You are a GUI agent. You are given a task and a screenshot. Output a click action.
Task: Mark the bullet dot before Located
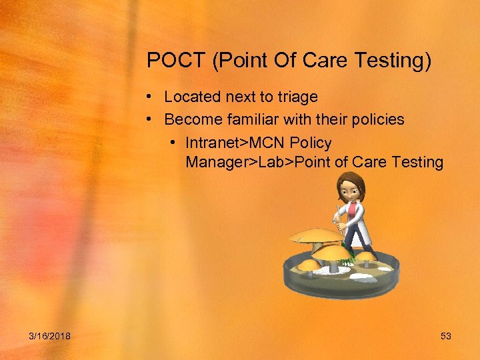[152, 97]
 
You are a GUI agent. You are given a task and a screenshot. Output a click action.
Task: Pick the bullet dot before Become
[152, 120]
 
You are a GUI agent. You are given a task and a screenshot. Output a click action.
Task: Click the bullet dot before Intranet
[173, 143]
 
